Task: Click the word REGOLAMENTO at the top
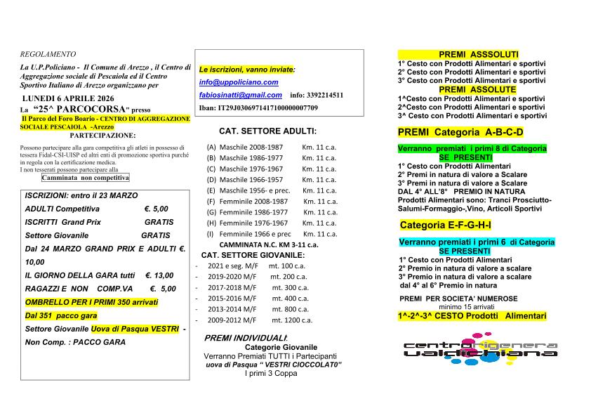[48, 53]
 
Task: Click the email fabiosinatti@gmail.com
[241, 95]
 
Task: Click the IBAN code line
[258, 107]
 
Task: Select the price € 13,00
[159, 275]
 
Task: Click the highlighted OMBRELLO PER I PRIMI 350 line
[91, 302]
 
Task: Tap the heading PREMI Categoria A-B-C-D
[460, 132]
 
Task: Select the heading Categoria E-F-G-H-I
[445, 225]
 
